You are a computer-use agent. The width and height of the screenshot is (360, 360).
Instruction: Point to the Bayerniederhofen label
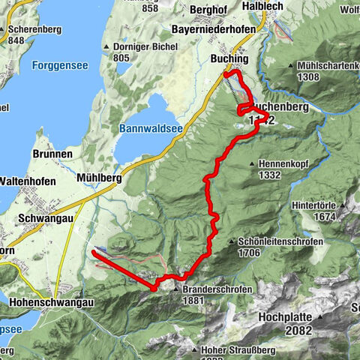pyautogui.click(x=214, y=28)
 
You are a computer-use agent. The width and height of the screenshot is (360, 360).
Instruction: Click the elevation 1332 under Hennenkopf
pyautogui.click(x=269, y=175)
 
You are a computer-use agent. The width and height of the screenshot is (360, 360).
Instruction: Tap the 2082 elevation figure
pyautogui.click(x=298, y=330)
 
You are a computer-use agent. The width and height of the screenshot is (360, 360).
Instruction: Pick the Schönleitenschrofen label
pyautogui.click(x=280, y=242)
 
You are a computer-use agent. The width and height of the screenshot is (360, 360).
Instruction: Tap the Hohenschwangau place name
pyautogui.click(x=52, y=302)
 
